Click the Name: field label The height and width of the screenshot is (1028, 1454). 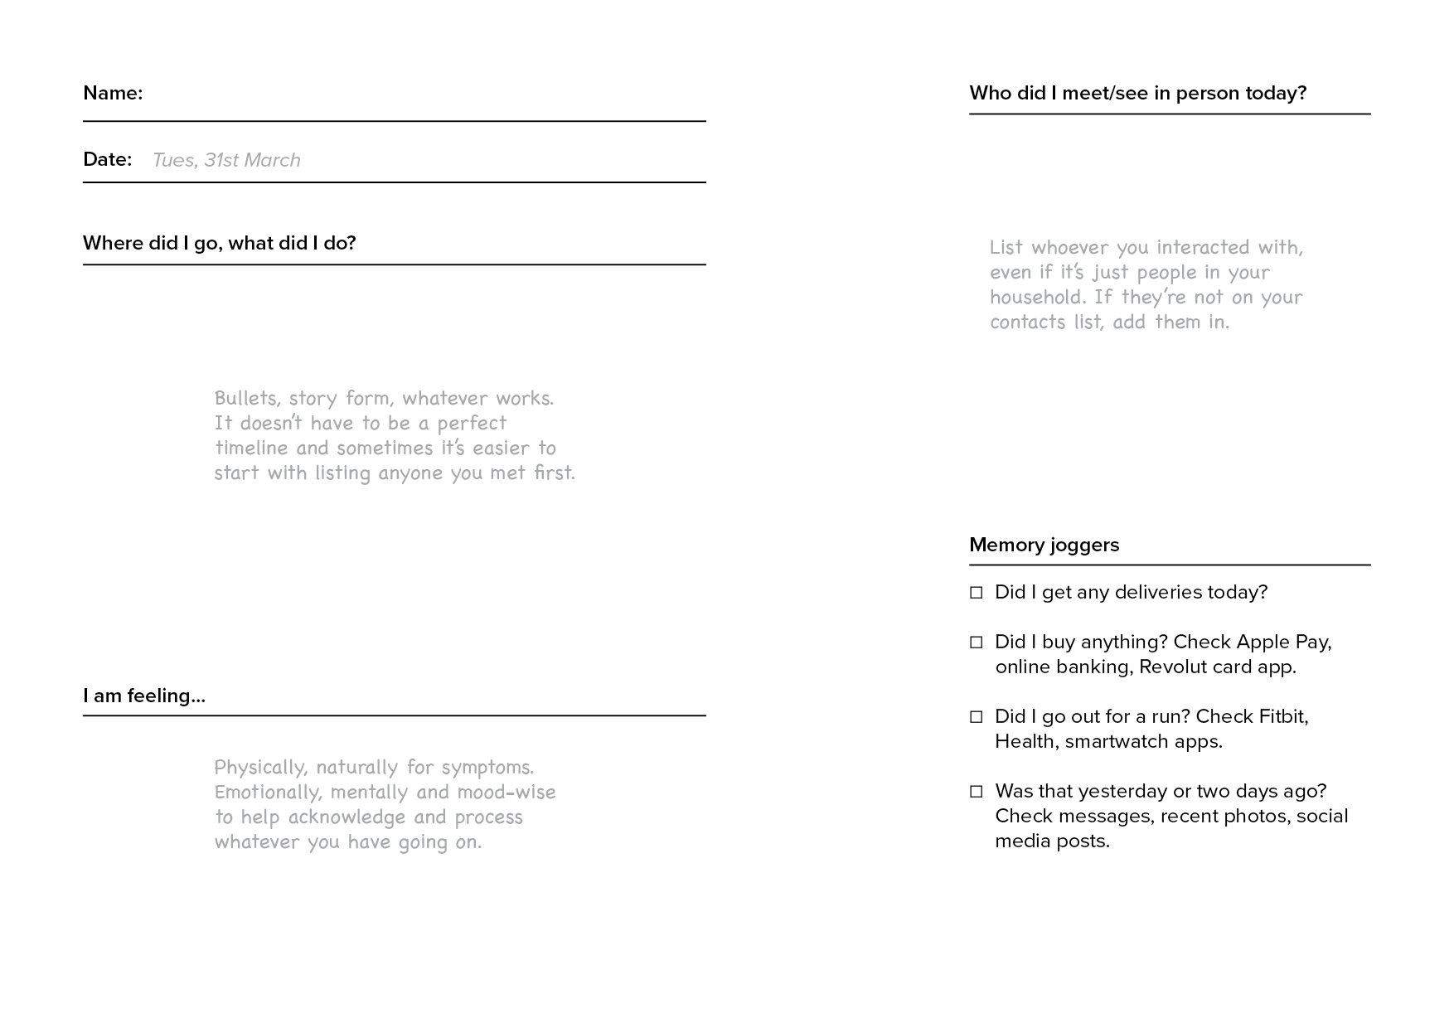(113, 93)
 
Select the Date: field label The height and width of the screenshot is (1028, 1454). (108, 159)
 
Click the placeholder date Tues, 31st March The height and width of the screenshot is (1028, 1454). (226, 160)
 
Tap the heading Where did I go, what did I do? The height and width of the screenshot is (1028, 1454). (219, 243)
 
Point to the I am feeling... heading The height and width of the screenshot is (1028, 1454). (144, 696)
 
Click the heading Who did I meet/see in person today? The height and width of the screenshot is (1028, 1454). (1137, 93)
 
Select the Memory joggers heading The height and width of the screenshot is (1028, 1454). (1044, 545)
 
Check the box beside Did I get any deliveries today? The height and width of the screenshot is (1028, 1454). (977, 593)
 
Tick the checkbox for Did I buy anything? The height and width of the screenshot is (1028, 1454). (977, 642)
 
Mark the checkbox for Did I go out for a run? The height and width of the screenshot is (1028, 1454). (977, 717)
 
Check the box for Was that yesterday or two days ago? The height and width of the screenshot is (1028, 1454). (977, 792)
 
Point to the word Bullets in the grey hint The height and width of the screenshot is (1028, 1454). (246, 399)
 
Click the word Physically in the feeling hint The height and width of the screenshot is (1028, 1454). (259, 768)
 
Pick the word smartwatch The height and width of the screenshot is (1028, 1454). (1117, 741)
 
